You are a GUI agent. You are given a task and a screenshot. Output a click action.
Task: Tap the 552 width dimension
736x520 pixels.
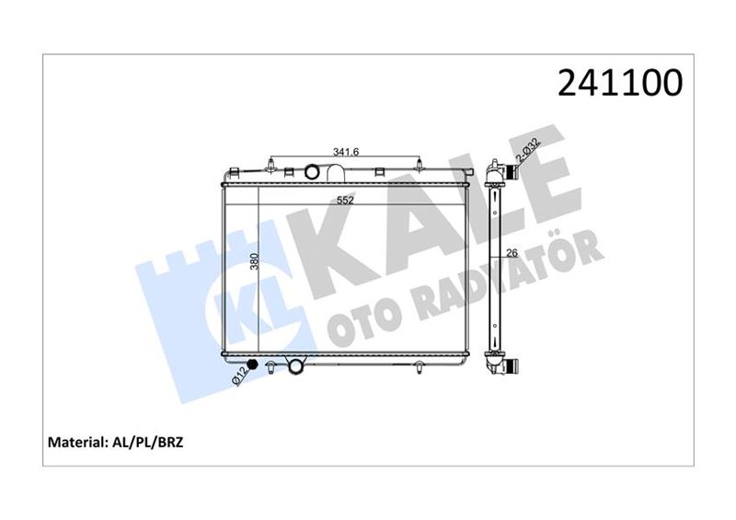pyautogui.click(x=345, y=199)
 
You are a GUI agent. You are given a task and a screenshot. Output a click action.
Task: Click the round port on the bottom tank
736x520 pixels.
pyautogui.click(x=296, y=368)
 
